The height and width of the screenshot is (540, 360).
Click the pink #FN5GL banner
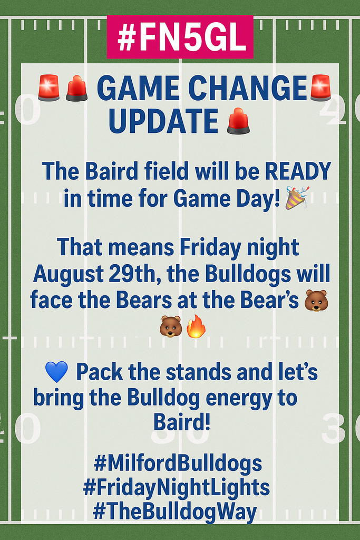(180, 37)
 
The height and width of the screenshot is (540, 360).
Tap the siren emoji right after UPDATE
(238, 121)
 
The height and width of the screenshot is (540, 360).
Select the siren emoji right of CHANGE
(320, 88)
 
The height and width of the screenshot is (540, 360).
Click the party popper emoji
(297, 198)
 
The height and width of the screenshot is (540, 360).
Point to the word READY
(298, 171)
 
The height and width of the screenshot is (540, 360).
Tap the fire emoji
(196, 327)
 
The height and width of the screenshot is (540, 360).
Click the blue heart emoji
(57, 372)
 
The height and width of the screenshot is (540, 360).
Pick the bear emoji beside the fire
(171, 327)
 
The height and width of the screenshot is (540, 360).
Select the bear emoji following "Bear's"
(316, 301)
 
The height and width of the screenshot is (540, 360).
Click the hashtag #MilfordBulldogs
(178, 464)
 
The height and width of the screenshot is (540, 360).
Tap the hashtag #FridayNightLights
(177, 488)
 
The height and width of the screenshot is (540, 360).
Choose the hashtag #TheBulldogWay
(174, 512)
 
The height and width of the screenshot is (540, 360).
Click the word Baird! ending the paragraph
(182, 422)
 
